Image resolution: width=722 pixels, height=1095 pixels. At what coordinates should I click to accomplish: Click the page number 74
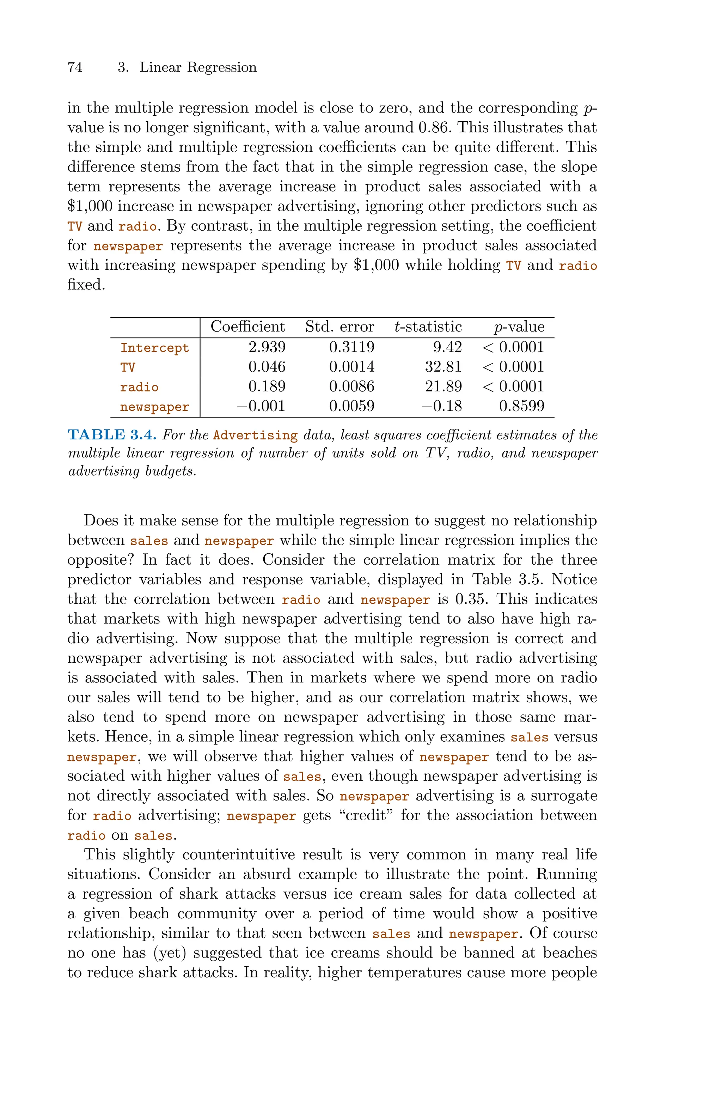click(x=75, y=67)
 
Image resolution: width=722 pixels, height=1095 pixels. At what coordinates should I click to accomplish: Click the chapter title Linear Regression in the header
click(x=198, y=67)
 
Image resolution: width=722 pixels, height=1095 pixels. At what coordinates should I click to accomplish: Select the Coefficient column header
click(x=248, y=327)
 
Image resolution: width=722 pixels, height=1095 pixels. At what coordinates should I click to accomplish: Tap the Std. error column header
click(x=339, y=327)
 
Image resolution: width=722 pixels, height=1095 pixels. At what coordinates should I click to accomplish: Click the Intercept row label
click(x=155, y=348)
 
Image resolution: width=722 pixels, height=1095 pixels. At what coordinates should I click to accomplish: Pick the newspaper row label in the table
click(x=155, y=407)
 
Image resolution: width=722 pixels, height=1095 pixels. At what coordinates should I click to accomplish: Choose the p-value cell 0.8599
click(x=522, y=406)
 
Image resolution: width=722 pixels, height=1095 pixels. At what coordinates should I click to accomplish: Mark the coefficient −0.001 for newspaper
click(x=261, y=406)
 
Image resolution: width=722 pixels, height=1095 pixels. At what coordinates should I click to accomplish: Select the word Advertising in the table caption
click(x=256, y=435)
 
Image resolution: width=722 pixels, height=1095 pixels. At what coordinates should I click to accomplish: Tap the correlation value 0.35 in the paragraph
click(x=472, y=599)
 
